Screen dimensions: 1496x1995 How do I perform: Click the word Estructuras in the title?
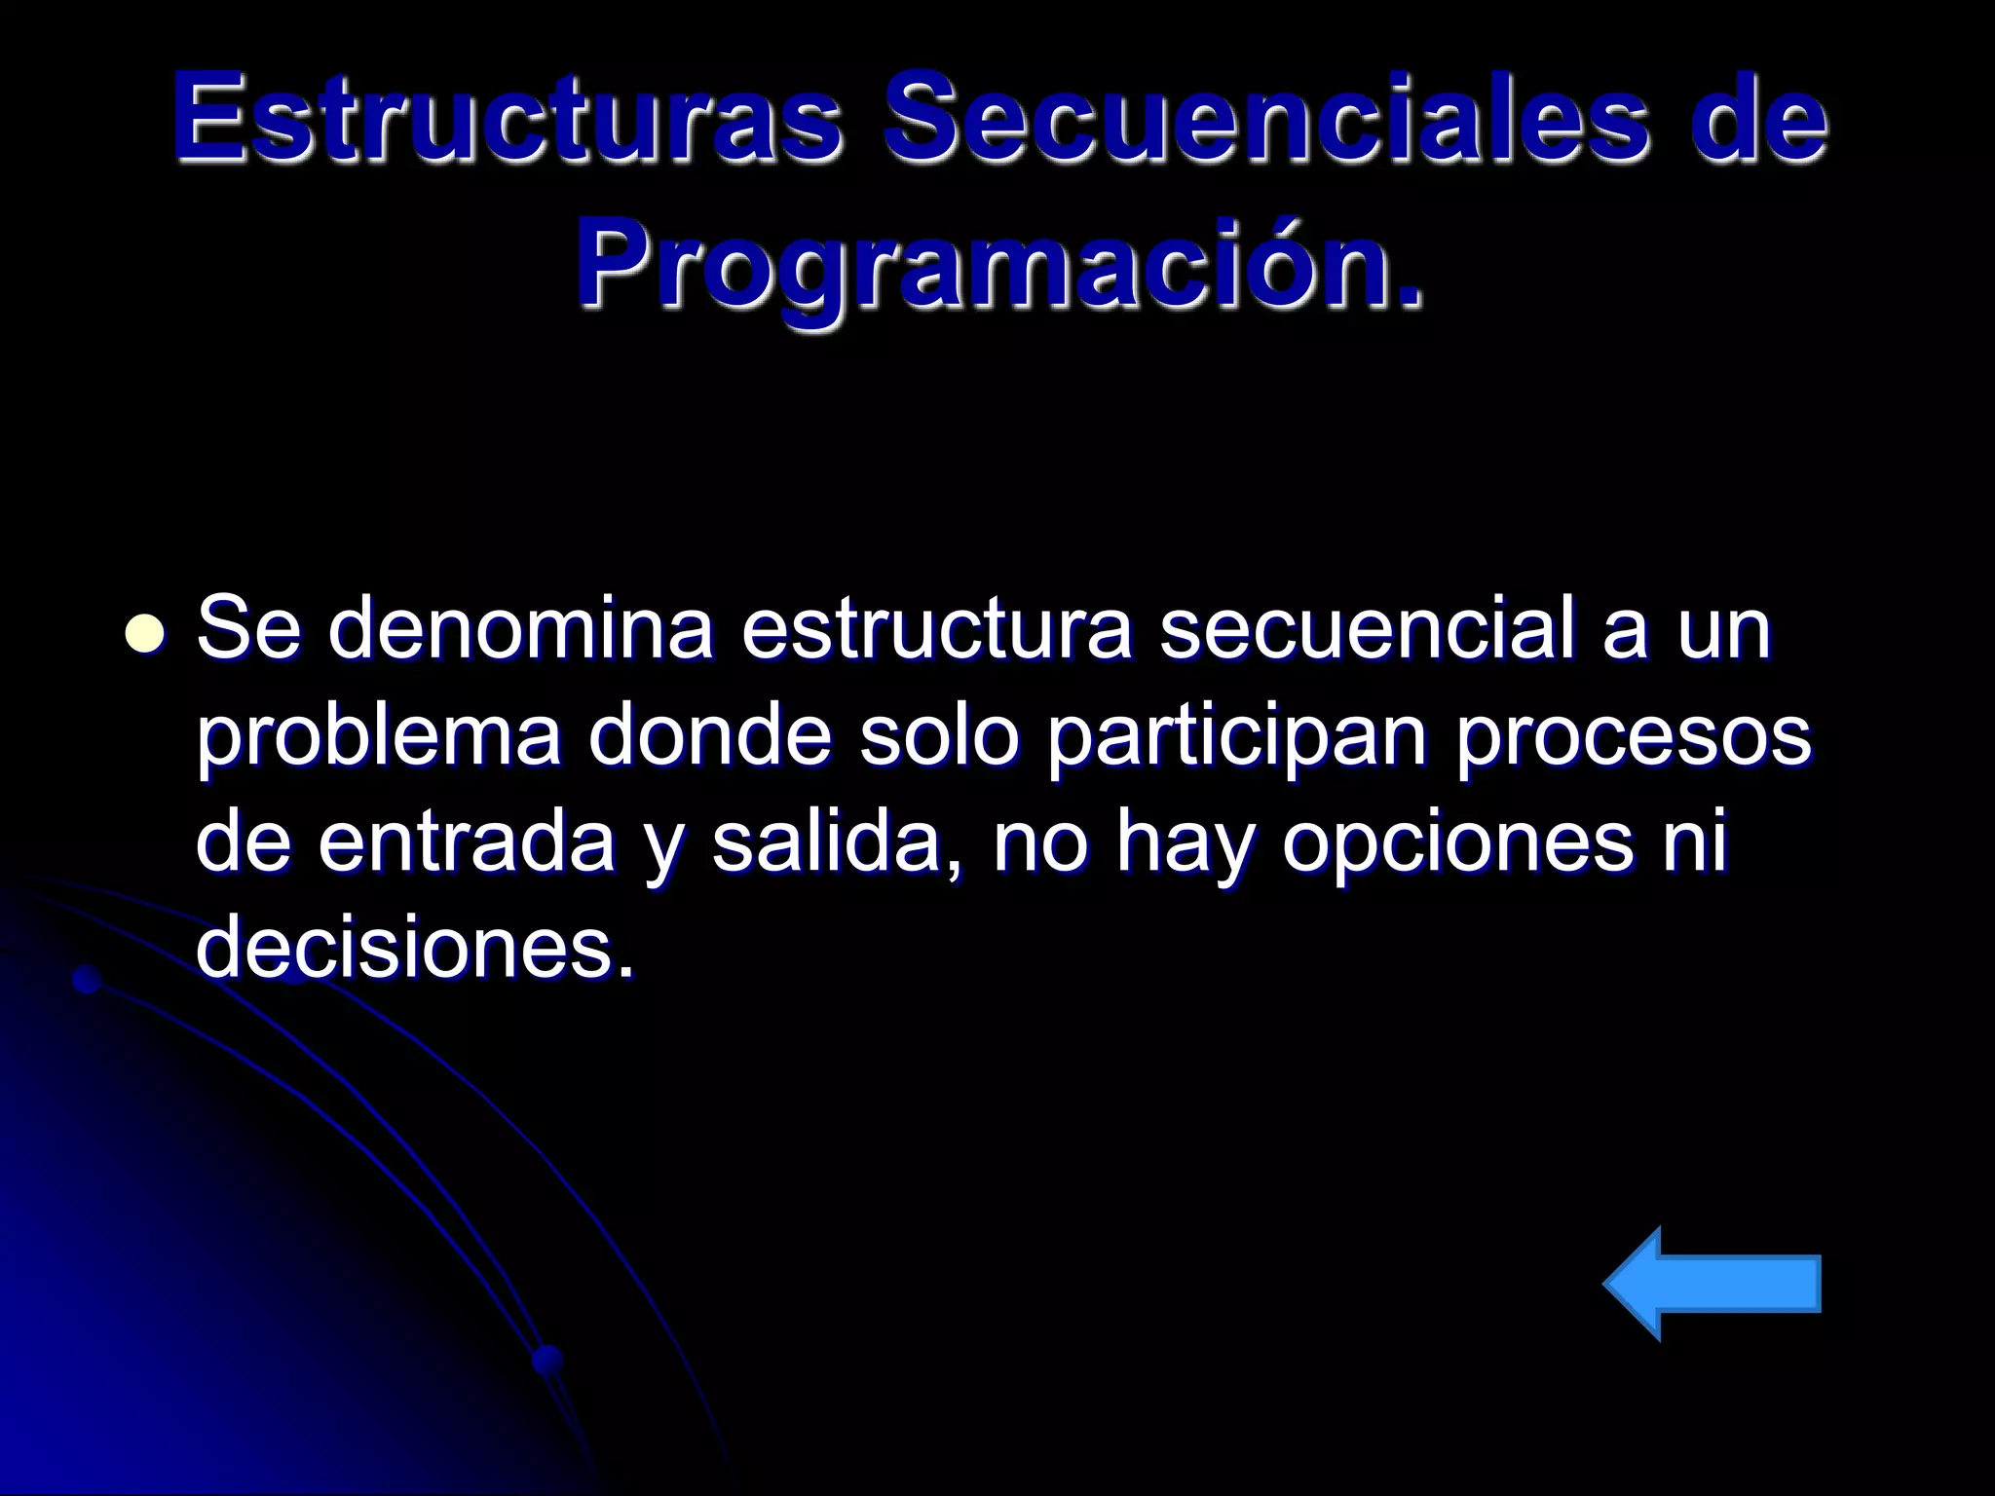click(x=507, y=120)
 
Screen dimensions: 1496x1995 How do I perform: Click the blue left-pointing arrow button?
click(x=1712, y=1284)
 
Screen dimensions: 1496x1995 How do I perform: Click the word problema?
click(x=379, y=737)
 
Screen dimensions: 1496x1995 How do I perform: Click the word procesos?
click(x=1634, y=737)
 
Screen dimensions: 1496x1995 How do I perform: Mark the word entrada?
click(x=466, y=842)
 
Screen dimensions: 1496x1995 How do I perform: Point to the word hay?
click(x=1182, y=844)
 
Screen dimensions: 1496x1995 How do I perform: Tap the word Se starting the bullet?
click(x=247, y=630)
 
